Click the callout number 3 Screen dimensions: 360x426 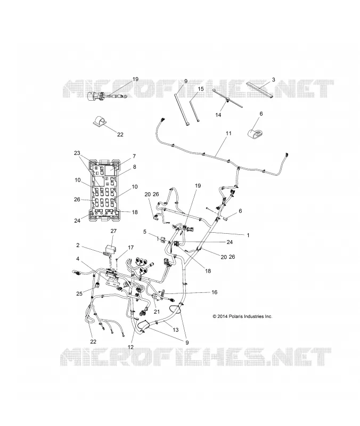point(273,79)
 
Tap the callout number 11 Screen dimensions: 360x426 point(228,133)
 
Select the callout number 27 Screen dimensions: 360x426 point(113,231)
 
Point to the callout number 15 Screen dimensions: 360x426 point(201,89)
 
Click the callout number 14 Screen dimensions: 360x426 point(218,115)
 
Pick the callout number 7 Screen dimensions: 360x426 point(134,156)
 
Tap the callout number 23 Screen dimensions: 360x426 point(77,153)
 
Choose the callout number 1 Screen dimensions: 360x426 point(248,235)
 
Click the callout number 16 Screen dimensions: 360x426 point(215,292)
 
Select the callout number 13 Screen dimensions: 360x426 point(176,330)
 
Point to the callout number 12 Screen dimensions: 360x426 point(130,347)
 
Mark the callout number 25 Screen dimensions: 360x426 point(79,294)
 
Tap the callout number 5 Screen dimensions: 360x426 point(145,232)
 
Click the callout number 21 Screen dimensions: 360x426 point(157,312)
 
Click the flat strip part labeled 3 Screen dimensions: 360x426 point(260,89)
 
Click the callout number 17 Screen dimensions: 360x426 point(130,248)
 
